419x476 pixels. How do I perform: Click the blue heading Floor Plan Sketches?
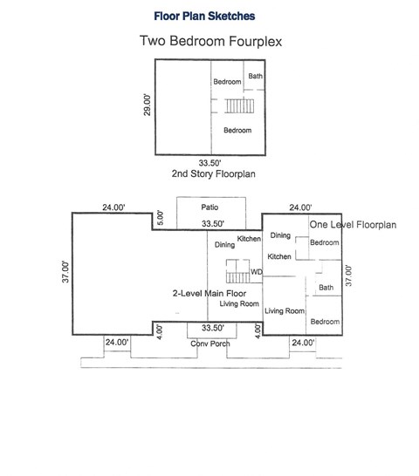click(x=204, y=15)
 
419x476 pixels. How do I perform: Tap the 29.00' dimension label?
click(x=147, y=105)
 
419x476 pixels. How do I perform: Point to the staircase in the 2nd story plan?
click(x=237, y=106)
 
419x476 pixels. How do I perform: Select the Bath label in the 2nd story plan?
click(x=255, y=76)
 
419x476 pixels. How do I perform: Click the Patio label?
click(x=209, y=207)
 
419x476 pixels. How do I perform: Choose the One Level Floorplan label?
click(x=353, y=225)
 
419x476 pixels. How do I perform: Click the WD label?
click(x=256, y=273)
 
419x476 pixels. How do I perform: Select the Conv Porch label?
click(x=209, y=344)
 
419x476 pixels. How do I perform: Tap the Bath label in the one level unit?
click(x=326, y=288)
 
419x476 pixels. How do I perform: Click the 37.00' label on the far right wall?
click(x=348, y=275)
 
